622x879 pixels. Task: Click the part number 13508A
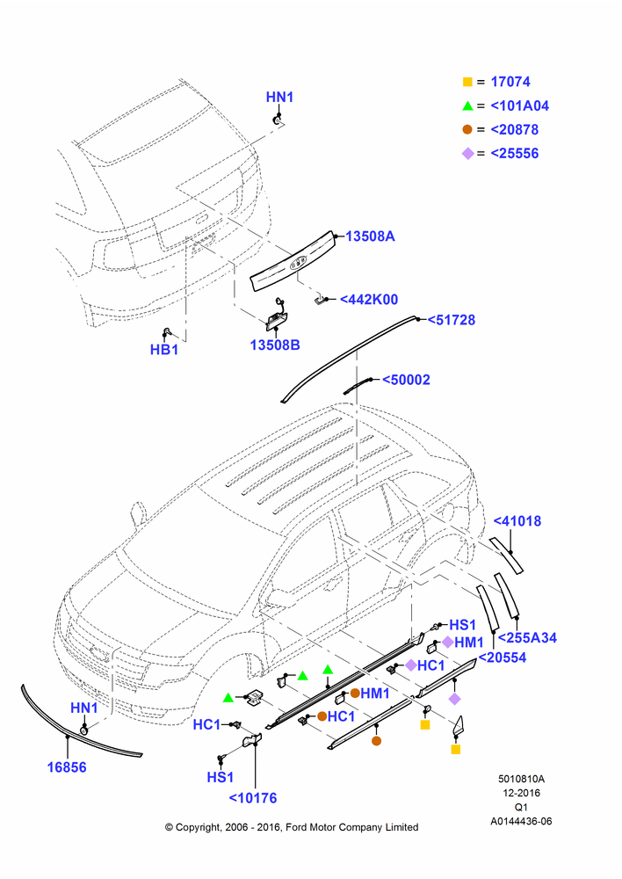pyautogui.click(x=370, y=236)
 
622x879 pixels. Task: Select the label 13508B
pyautogui.click(x=275, y=345)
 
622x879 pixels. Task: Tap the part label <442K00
pyautogui.click(x=369, y=300)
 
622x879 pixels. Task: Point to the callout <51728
pyautogui.click(x=451, y=320)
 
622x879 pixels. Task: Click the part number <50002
pyautogui.click(x=406, y=380)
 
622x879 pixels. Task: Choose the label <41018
pyautogui.click(x=517, y=520)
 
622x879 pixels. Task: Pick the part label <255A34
pyautogui.click(x=527, y=637)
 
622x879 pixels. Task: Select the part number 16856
pyautogui.click(x=67, y=766)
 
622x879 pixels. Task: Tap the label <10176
pyautogui.click(x=253, y=798)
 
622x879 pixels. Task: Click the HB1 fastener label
pyautogui.click(x=164, y=350)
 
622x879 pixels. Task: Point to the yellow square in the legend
pyautogui.click(x=467, y=82)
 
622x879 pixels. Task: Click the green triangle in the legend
pyautogui.click(x=468, y=106)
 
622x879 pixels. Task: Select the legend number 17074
pyautogui.click(x=510, y=82)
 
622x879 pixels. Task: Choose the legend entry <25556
pyautogui.click(x=515, y=154)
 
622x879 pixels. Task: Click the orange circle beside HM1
pyautogui.click(x=355, y=694)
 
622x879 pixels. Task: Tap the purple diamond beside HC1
pyautogui.click(x=411, y=665)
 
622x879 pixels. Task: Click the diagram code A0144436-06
pyautogui.click(x=521, y=821)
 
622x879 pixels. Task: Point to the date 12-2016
pyautogui.click(x=521, y=793)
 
